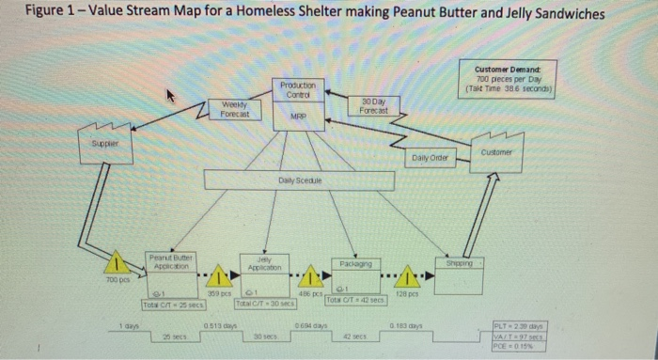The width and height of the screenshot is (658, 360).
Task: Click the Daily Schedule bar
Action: coord(300,180)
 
